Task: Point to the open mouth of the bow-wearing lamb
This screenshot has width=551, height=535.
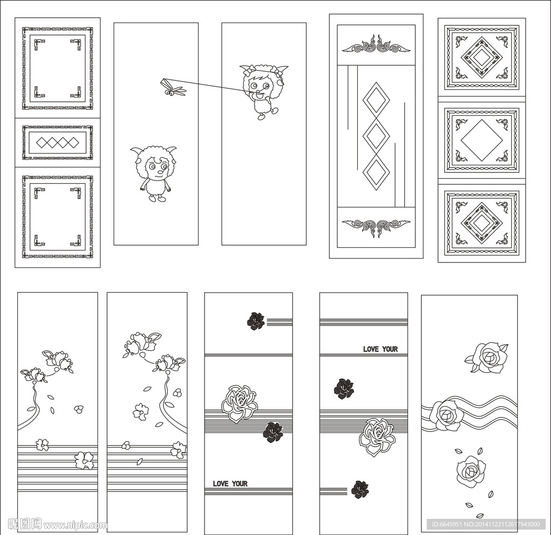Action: [x=259, y=95]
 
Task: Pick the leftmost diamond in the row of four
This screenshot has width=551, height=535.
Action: [x=42, y=142]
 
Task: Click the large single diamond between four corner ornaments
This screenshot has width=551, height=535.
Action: [x=481, y=140]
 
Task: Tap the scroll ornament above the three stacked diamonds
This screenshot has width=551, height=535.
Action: [x=376, y=45]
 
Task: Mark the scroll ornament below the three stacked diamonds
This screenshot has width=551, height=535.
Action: [x=376, y=227]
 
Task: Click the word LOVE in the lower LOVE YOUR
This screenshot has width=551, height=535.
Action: [x=220, y=484]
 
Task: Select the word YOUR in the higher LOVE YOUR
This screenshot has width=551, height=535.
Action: [x=390, y=349]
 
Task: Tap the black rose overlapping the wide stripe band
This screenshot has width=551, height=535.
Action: [x=273, y=432]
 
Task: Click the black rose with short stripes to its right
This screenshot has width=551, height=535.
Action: [x=256, y=321]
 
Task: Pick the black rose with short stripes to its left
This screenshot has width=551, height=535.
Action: [x=360, y=490]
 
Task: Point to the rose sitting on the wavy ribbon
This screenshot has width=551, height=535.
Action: [x=445, y=415]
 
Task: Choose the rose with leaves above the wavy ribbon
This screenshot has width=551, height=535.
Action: [x=488, y=357]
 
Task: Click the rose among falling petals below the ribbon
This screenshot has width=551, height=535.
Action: [x=471, y=471]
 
